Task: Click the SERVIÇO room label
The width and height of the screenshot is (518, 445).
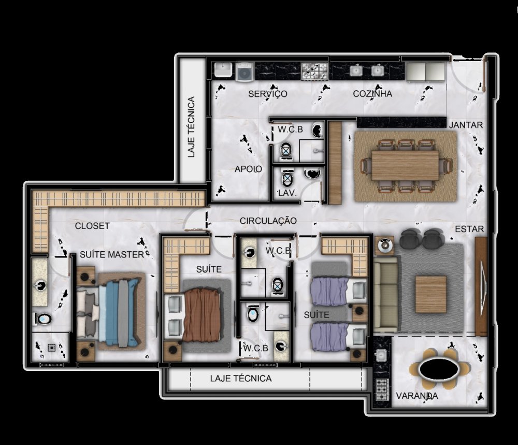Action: pos(268,94)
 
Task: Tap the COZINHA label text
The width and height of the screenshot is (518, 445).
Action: pos(372,94)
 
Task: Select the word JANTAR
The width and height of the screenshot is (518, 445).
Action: pos(466,125)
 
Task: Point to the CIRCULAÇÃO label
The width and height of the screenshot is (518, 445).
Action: pos(268,220)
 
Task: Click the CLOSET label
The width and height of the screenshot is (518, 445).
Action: pos(92,226)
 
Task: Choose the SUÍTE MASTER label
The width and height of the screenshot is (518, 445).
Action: pos(112,254)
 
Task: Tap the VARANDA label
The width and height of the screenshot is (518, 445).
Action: pos(417,396)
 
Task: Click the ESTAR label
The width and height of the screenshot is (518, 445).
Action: pos(469,229)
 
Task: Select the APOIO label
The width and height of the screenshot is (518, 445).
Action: pos(249,169)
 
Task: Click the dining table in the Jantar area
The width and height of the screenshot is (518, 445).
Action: pos(406,165)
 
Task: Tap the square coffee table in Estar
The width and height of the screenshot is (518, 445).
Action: pos(431,294)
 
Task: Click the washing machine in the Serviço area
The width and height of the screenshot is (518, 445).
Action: pos(244,71)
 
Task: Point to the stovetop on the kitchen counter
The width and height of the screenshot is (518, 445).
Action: pos(314,71)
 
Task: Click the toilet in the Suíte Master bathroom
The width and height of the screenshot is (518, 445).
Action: pos(43,319)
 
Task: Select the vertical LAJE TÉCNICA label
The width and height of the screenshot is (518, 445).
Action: pos(191,127)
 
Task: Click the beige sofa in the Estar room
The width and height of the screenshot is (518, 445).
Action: pos(386,295)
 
